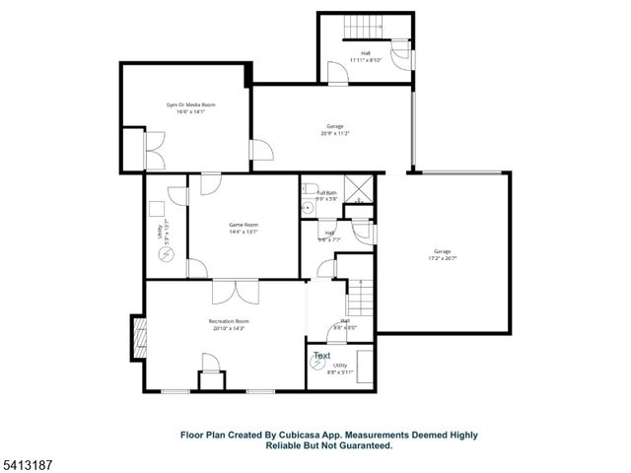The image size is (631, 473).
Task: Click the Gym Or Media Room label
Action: point(189,103)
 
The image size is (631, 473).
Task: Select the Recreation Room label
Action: point(228,321)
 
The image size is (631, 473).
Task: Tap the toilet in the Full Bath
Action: point(309,188)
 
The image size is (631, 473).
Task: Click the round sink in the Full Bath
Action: point(308,207)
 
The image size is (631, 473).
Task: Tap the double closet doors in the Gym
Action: point(154,152)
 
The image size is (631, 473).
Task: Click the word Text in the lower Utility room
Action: point(321,356)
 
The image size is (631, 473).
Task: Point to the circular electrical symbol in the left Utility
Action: point(166,253)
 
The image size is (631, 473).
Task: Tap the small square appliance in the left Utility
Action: point(155,208)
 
